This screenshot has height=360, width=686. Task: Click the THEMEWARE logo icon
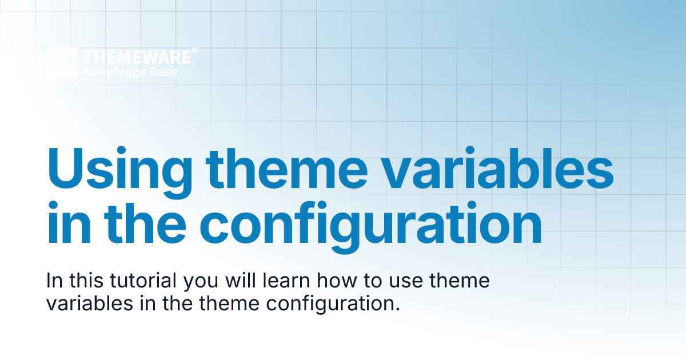coord(61,63)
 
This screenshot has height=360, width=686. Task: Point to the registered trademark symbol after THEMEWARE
coord(196,50)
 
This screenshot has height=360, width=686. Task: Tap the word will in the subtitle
coord(254,282)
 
